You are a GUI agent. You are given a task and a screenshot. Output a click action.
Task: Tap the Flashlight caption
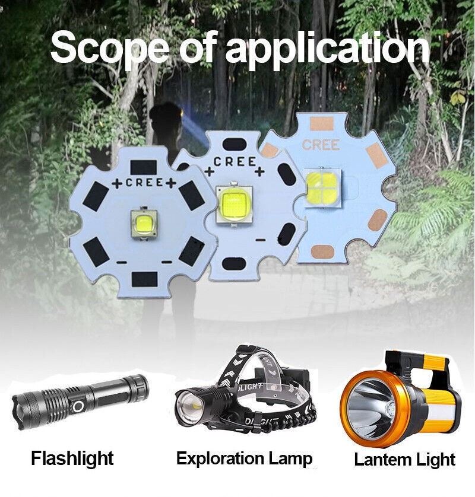click(x=72, y=458)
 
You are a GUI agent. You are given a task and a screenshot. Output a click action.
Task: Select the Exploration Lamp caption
click(x=244, y=458)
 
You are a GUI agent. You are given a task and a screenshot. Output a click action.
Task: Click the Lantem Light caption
click(x=404, y=459)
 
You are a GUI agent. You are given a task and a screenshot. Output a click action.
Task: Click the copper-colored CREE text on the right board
click(x=321, y=145)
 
